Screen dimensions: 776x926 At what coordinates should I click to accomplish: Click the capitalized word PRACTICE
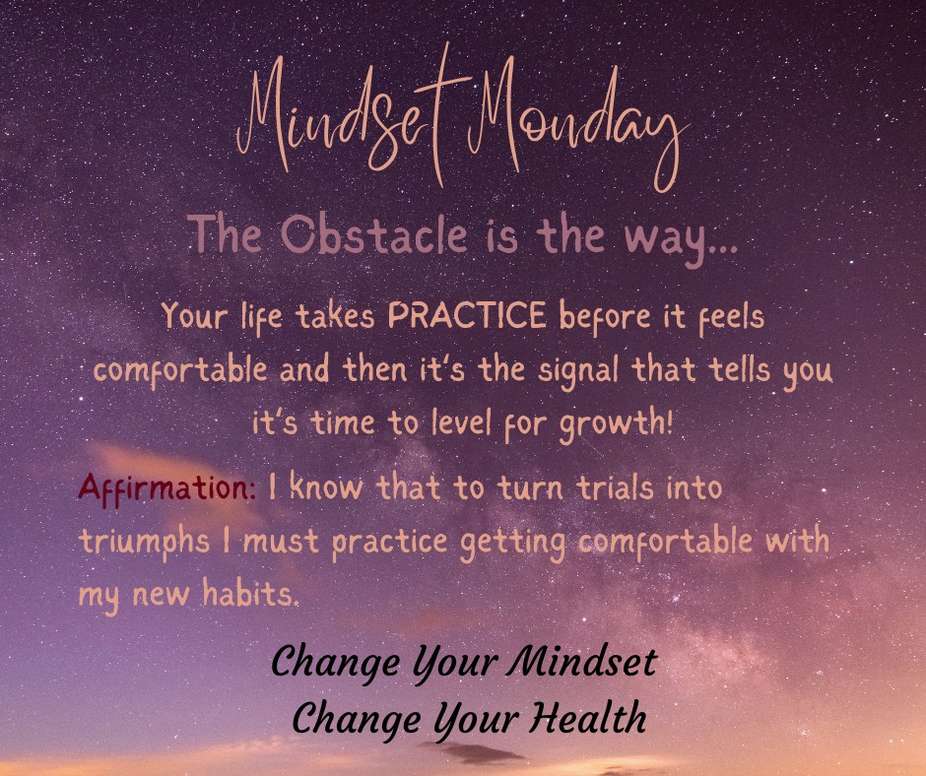[x=467, y=317]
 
